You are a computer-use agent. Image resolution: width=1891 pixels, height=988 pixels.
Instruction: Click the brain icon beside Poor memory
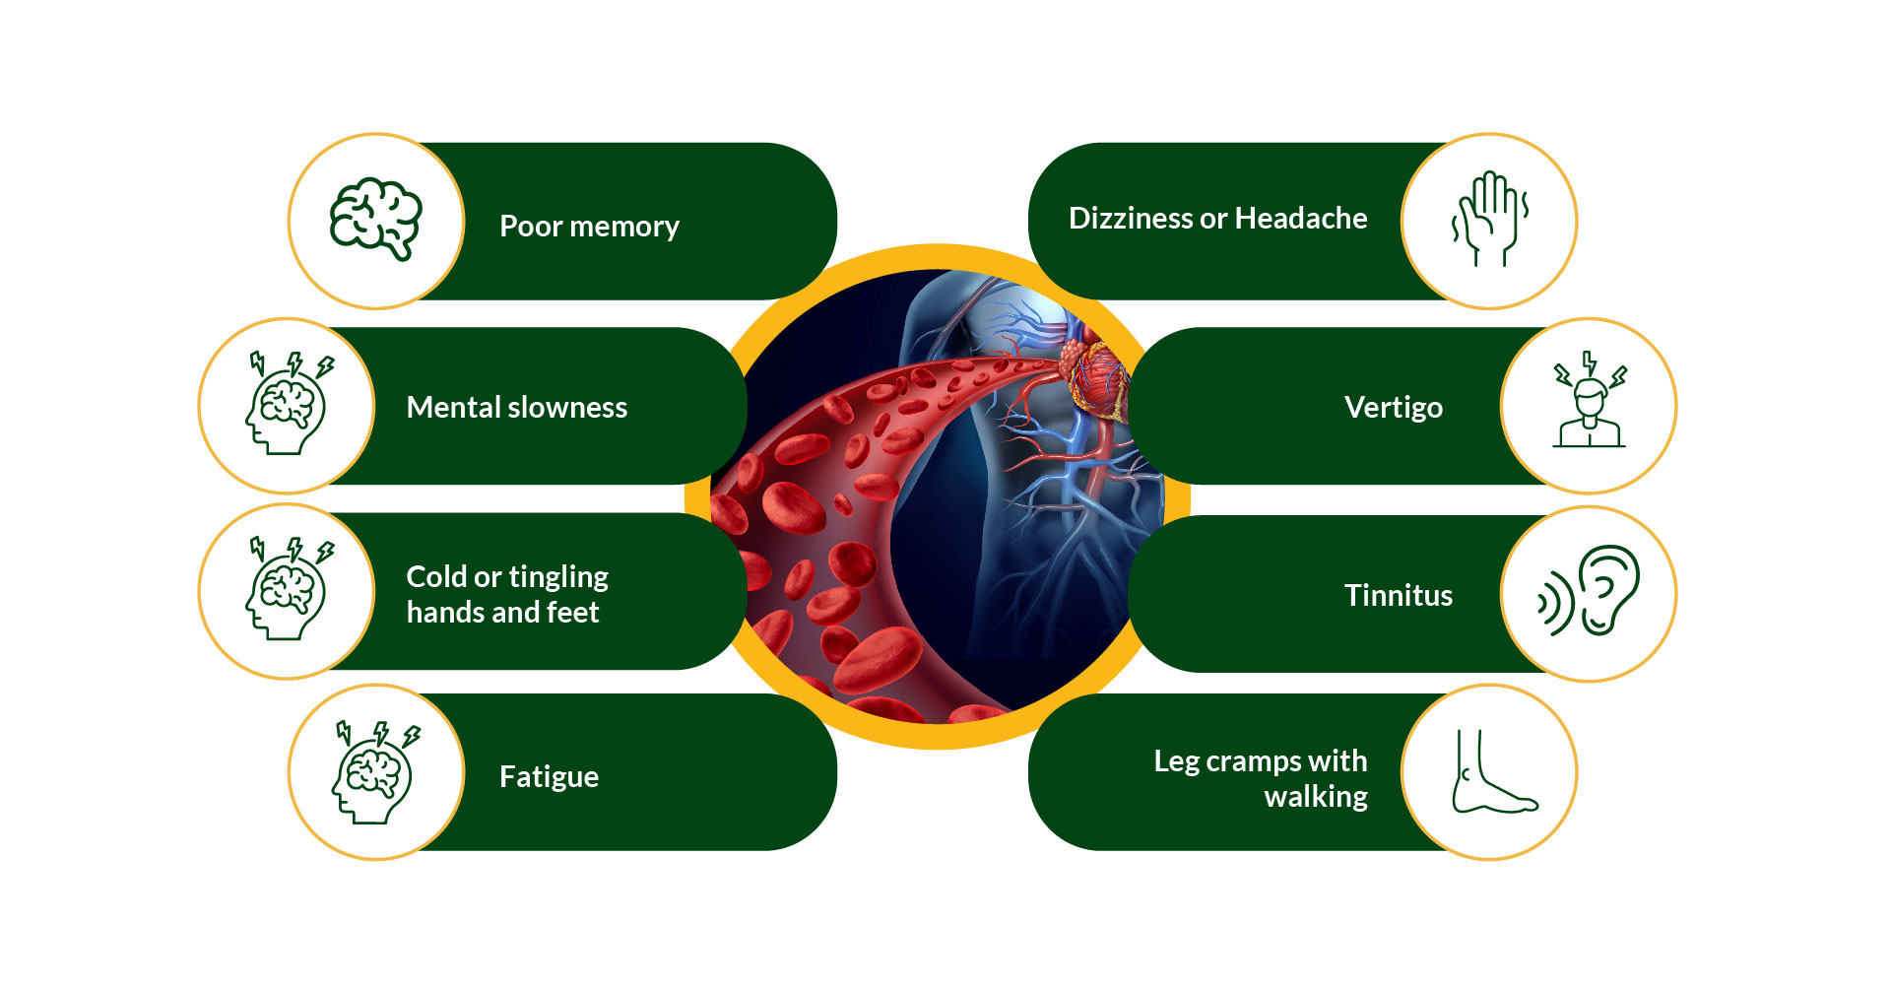click(x=375, y=219)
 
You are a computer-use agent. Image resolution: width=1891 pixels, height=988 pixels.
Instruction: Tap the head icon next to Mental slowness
click(x=289, y=403)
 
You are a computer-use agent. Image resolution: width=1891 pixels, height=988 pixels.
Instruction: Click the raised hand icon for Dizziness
click(x=1489, y=219)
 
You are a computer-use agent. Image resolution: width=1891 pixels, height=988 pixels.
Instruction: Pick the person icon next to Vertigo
click(x=1589, y=400)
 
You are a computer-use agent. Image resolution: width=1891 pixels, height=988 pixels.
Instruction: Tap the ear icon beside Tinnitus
click(x=1589, y=590)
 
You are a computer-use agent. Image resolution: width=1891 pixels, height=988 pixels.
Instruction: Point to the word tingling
click(x=558, y=577)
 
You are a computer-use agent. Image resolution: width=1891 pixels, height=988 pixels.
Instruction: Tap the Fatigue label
click(x=549, y=777)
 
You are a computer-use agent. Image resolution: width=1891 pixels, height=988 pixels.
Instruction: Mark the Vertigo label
click(x=1394, y=408)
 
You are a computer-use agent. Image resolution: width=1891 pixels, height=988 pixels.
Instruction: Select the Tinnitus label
click(x=1399, y=595)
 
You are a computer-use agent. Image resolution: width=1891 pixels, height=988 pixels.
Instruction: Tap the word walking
click(x=1316, y=797)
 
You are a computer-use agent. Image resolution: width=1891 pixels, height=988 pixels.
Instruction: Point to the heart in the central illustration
click(x=1095, y=377)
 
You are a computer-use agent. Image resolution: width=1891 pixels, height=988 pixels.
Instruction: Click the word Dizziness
click(x=1131, y=218)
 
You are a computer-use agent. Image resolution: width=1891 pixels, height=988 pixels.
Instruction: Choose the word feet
click(x=572, y=613)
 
